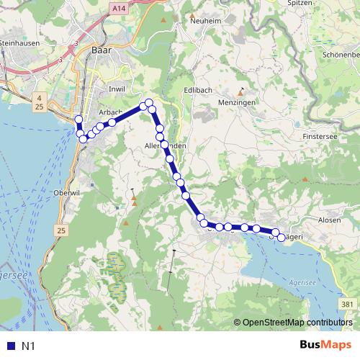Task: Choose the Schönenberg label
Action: [341, 54]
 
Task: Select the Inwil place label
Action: [115, 89]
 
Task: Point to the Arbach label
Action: [109, 112]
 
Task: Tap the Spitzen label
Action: [320, 4]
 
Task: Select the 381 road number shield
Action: [348, 305]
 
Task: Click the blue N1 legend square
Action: [9, 346]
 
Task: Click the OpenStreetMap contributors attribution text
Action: [298, 322]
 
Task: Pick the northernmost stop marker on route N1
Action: [149, 103]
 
